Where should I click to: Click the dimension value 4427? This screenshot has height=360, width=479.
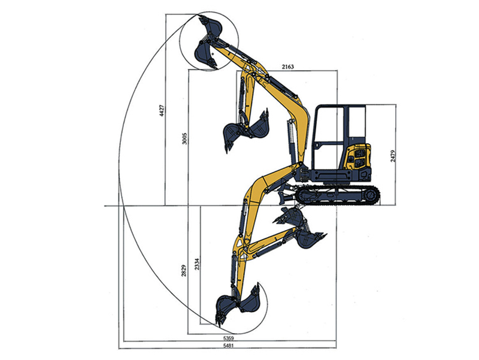[x=162, y=110]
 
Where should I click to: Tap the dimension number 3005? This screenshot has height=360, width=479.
[x=184, y=138]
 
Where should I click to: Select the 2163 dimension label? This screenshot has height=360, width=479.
[x=288, y=66]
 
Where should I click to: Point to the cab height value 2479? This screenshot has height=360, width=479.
[x=393, y=156]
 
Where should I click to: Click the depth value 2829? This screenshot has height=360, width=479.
[x=184, y=270]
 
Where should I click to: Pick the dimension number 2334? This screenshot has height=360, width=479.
[x=197, y=264]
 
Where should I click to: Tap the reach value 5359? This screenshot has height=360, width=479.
[x=229, y=338]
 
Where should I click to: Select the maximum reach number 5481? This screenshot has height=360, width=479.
[x=229, y=346]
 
